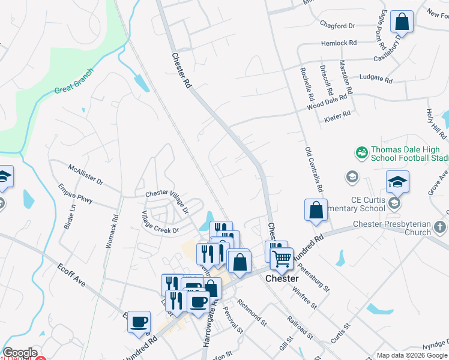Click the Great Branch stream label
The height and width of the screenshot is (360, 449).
click(74, 82)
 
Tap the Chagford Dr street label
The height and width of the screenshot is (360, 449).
click(338, 26)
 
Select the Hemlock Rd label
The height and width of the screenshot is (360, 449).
click(339, 43)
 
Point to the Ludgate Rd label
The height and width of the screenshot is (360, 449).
click(375, 79)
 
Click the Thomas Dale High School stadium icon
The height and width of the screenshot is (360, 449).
click(361, 152)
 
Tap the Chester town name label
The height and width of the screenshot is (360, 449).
click(282, 279)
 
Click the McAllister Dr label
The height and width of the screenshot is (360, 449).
click(85, 174)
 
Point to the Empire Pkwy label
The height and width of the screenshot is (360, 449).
click(76, 193)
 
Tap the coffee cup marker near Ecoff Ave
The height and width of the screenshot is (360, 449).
click(139, 322)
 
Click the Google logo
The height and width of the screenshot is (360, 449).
click(20, 353)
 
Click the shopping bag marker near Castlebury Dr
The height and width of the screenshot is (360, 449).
click(402, 22)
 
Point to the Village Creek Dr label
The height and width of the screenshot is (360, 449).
click(160, 223)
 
